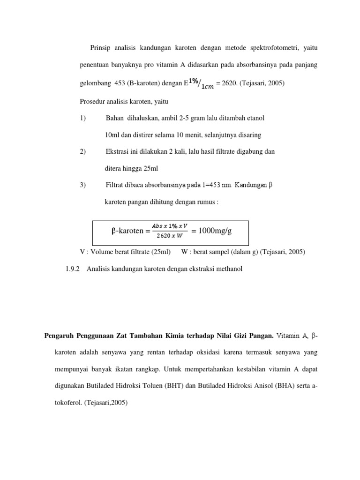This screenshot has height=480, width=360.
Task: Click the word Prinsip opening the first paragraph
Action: click(x=101, y=48)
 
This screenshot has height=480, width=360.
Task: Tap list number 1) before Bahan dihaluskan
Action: click(x=83, y=118)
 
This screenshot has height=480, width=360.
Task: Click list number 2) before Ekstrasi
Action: click(x=83, y=151)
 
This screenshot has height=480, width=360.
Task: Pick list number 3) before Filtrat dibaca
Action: click(x=83, y=185)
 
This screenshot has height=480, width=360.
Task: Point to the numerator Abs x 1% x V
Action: click(x=170, y=225)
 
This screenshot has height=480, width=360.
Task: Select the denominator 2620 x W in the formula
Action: click(x=170, y=236)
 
